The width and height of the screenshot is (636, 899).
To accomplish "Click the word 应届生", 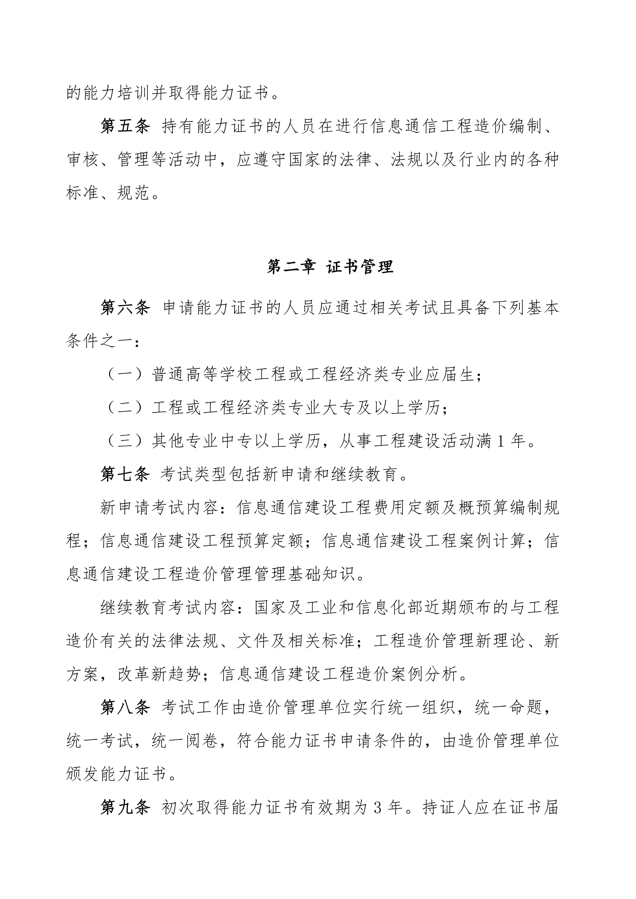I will click(451, 375).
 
